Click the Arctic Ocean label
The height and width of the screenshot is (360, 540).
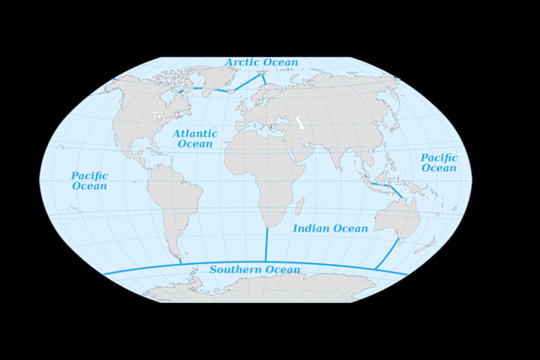pyautogui.click(x=262, y=62)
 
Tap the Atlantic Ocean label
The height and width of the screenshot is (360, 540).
pyautogui.click(x=195, y=138)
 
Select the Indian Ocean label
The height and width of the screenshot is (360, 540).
pyautogui.click(x=330, y=228)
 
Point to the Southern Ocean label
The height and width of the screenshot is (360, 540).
pyautogui.click(x=255, y=269)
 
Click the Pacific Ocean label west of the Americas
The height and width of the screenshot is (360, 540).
pyautogui.click(x=89, y=180)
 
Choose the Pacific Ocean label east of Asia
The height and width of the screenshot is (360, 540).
pyautogui.click(x=439, y=163)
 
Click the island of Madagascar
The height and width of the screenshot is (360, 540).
pyautogui.click(x=299, y=205)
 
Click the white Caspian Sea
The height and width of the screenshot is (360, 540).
pyautogui.click(x=299, y=121)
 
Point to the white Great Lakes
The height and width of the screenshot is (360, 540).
pyautogui.click(x=157, y=116)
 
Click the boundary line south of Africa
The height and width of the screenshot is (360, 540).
pyautogui.click(x=266, y=244)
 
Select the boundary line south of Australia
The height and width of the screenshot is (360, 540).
pyautogui.click(x=387, y=254)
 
